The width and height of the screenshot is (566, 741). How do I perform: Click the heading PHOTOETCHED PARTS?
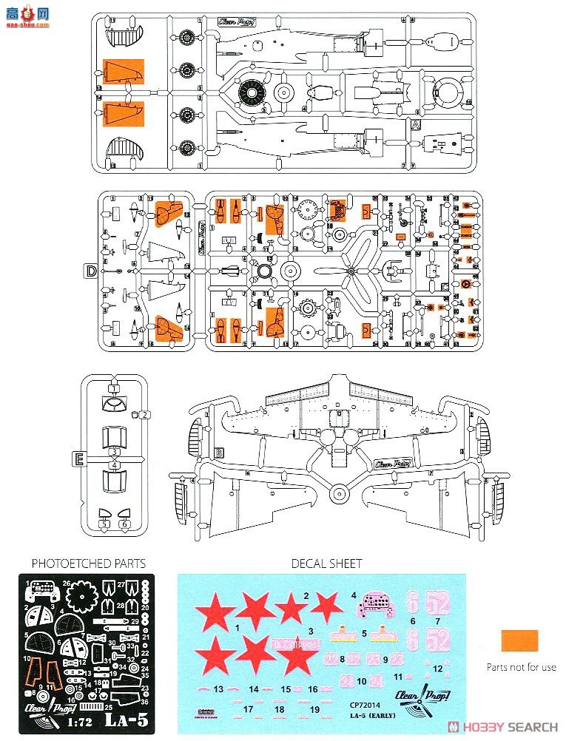[x=88, y=564]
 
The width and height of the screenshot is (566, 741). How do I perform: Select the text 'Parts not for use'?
[x=521, y=667]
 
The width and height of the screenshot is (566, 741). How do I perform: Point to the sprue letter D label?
[x=90, y=271]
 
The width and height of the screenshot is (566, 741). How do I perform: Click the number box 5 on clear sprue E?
[x=104, y=524]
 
